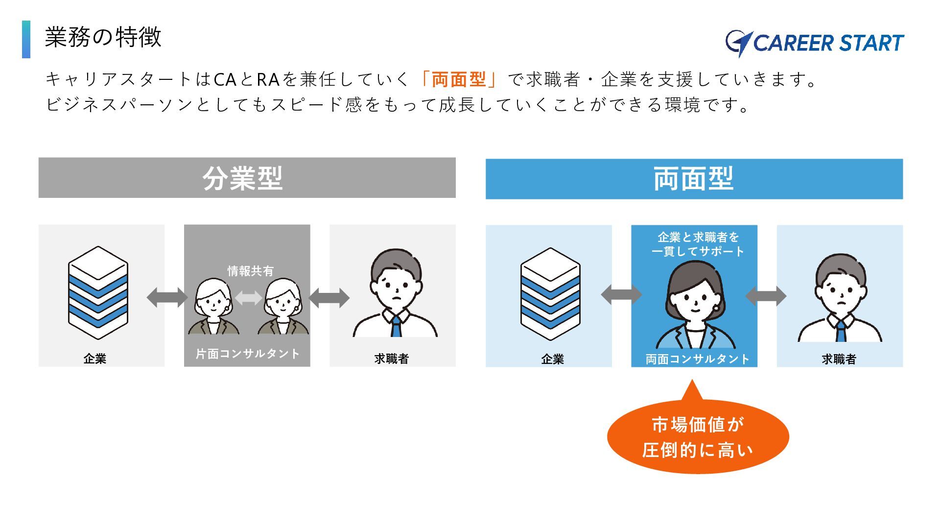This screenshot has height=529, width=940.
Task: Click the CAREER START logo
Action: [815, 43]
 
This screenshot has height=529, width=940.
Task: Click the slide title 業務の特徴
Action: [103, 37]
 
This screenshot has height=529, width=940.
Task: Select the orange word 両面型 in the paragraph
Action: [459, 79]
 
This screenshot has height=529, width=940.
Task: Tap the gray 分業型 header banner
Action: [247, 178]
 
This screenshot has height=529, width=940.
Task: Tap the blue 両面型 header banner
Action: [694, 179]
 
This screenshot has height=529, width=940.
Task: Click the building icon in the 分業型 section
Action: [98, 293]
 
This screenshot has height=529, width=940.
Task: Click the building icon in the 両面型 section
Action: [550, 294]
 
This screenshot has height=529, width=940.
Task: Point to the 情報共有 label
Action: [250, 271]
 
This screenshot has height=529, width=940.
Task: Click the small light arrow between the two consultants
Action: [248, 297]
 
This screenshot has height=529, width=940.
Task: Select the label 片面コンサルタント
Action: [247, 354]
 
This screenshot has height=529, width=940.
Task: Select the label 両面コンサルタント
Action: [697, 360]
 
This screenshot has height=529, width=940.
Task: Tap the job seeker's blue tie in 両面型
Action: [840, 331]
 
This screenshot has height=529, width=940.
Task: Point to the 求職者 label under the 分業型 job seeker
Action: [391, 359]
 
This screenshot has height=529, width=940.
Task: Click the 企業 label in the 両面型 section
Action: [552, 360]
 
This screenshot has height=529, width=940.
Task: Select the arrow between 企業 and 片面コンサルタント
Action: [167, 297]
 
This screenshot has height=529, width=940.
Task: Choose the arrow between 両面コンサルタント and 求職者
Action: [766, 296]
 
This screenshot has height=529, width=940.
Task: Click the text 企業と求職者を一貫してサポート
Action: [698, 244]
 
